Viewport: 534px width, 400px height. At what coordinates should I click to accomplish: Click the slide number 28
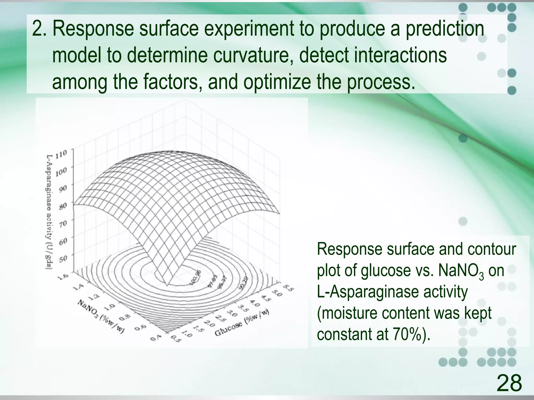tap(509, 383)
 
